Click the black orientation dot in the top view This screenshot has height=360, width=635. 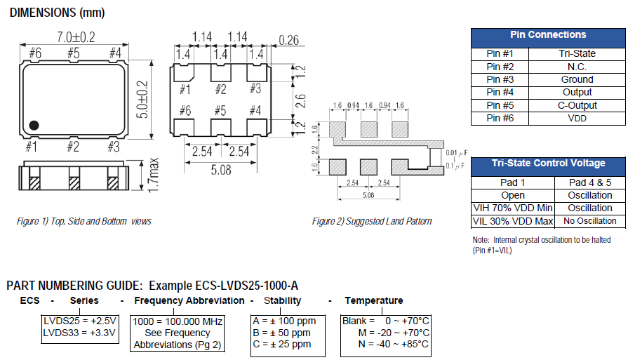tap(33, 126)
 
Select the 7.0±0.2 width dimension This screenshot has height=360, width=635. tap(74, 36)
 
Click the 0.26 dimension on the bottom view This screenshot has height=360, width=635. tap(288, 41)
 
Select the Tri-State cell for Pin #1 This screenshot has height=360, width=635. tap(577, 53)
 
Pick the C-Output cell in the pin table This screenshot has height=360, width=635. tap(577, 105)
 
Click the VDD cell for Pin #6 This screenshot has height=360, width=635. tap(577, 119)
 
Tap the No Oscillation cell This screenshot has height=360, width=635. tap(589, 221)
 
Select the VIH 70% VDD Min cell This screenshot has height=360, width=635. tap(513, 208)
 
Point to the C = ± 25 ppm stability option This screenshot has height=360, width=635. tap(281, 345)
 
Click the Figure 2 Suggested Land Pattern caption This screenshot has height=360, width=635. tap(372, 221)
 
